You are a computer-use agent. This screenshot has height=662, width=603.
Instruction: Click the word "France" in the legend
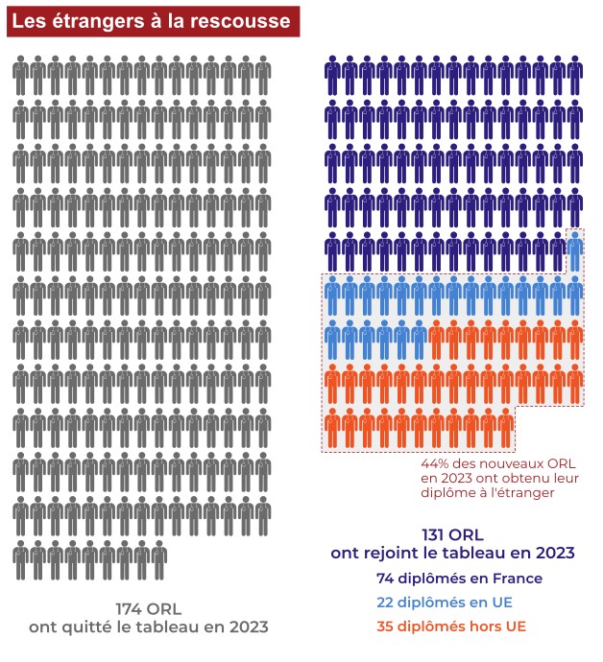click(519, 579)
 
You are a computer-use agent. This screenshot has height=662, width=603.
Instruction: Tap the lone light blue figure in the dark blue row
click(574, 251)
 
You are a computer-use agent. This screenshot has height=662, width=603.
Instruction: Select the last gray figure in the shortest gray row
click(159, 559)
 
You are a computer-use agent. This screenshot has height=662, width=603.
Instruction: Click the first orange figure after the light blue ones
click(436, 340)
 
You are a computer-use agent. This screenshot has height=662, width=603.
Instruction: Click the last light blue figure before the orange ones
click(419, 340)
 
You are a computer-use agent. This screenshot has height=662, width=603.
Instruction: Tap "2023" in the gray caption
click(239, 627)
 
